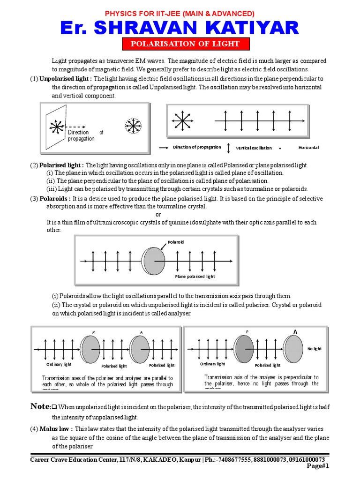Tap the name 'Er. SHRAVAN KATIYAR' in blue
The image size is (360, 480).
[180, 28]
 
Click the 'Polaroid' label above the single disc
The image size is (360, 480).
[176, 242]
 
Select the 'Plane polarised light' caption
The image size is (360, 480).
[195, 277]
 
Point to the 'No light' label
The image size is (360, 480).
[315, 349]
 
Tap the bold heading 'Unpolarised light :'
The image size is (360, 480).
[65, 79]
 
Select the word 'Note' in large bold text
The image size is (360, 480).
[39, 406]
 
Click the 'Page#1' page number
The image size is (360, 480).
[318, 466]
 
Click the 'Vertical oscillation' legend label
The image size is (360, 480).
[254, 148]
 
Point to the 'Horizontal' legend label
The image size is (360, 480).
[308, 147]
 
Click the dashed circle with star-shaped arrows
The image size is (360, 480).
[133, 125]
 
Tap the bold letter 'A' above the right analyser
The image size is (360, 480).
[295, 332]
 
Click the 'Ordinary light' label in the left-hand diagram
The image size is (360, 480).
[58, 365]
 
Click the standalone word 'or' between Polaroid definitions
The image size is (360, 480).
[158, 214]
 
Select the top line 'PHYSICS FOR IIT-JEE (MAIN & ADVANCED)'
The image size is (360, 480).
[180, 13]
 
